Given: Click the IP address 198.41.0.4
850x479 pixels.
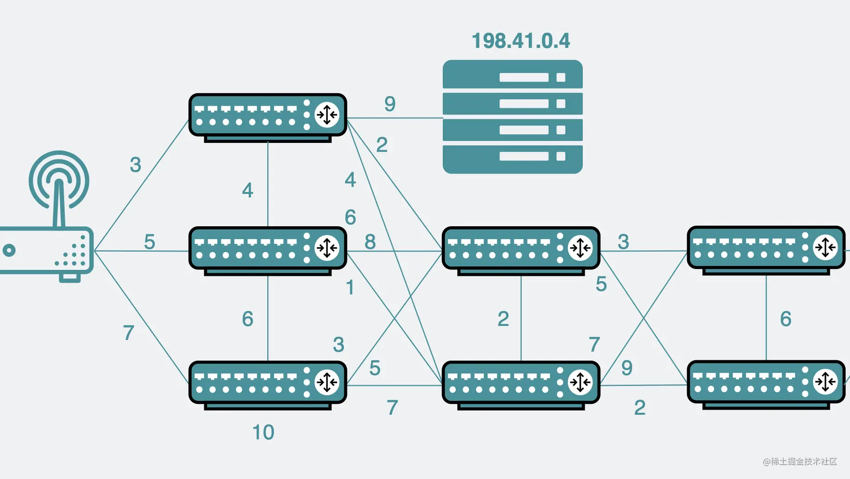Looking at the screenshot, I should pyautogui.click(x=521, y=41).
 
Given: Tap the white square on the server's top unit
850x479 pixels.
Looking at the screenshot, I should pyautogui.click(x=560, y=77).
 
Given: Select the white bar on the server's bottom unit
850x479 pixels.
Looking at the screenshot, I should pyautogui.click(x=523, y=156).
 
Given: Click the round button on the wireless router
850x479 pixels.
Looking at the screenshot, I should pyautogui.click(x=9, y=250).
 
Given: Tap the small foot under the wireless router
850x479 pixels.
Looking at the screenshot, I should pyautogui.click(x=69, y=278).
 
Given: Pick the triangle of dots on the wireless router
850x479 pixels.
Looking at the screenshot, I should pyautogui.click(x=74, y=253).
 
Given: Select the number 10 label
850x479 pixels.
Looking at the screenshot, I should pyautogui.click(x=263, y=432).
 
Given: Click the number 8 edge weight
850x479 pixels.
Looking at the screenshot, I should pyautogui.click(x=370, y=242).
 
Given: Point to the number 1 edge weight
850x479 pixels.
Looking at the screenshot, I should pyautogui.click(x=350, y=287).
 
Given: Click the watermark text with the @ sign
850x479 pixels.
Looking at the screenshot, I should pyautogui.click(x=800, y=461).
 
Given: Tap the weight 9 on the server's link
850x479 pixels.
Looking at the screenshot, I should pyautogui.click(x=390, y=104).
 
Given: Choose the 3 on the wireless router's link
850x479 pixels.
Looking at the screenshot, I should pyautogui.click(x=135, y=165).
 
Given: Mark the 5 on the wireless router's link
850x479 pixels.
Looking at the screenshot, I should pyautogui.click(x=149, y=242).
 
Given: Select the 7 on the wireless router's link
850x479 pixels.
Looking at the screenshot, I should pyautogui.click(x=128, y=333).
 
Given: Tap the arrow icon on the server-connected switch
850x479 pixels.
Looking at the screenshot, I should pyautogui.click(x=327, y=115).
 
